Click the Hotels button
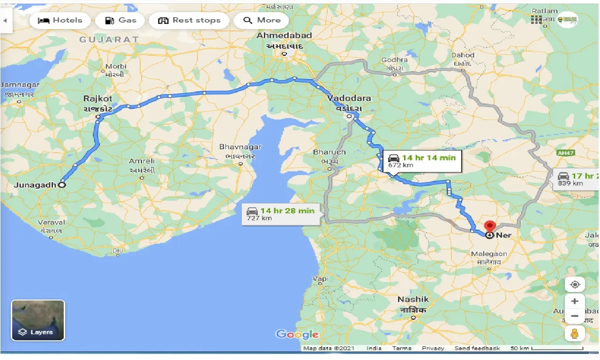coord(60,21)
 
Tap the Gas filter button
coord(120,21)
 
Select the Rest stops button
coord(189,21)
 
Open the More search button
coord(263,21)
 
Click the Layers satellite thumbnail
coord(38,320)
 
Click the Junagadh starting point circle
coord(62,185)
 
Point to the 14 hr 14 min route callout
coord(422,161)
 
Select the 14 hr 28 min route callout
coord(281,214)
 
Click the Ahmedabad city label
coord(285,36)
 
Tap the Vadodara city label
coord(349,98)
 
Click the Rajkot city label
coord(98,99)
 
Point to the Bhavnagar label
coord(240,147)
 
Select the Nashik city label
coord(413,300)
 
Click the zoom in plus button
coord(575,301)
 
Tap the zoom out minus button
coord(575,316)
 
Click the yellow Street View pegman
coord(575,333)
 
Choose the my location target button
coord(575,284)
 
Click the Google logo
coord(297,334)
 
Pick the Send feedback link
coord(477,348)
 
